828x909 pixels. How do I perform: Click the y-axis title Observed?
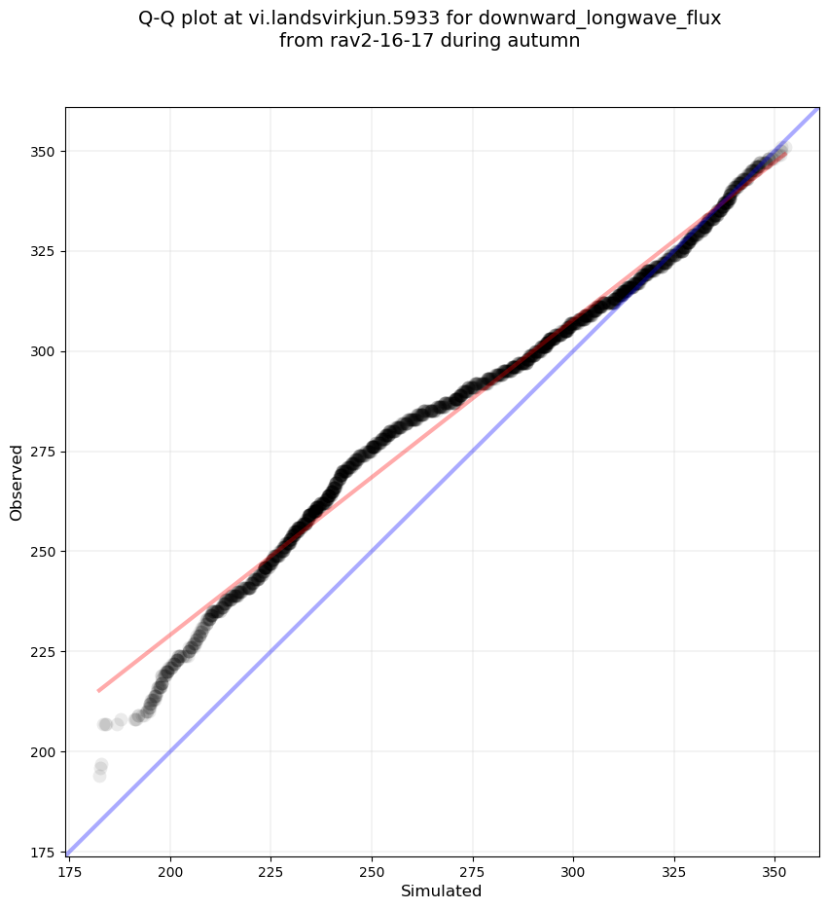point(17,482)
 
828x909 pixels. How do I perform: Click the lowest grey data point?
point(99,776)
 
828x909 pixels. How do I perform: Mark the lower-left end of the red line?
point(98,691)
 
